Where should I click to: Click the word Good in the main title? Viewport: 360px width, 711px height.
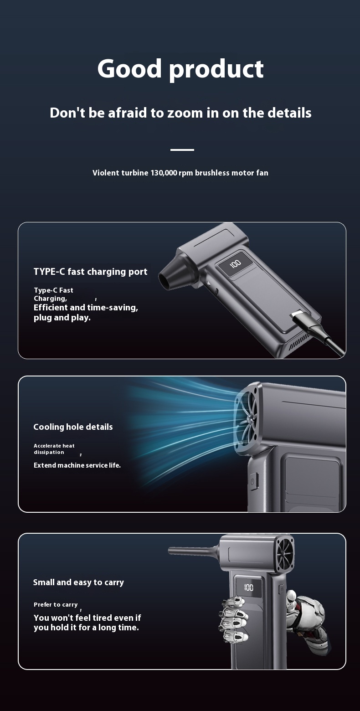point(129,68)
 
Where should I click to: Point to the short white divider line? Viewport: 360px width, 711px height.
point(182,149)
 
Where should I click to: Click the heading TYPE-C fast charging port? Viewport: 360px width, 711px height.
point(91,272)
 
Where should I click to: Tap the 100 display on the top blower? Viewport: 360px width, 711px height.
point(235,263)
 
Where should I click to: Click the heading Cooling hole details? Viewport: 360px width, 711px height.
point(73,427)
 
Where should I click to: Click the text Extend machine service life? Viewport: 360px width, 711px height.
point(77,465)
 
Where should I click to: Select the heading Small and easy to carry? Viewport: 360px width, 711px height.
point(78,582)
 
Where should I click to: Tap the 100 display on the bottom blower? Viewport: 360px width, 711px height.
point(248,587)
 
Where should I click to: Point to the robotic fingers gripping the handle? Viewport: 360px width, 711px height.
point(233,618)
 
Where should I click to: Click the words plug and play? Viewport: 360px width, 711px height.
point(62,318)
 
